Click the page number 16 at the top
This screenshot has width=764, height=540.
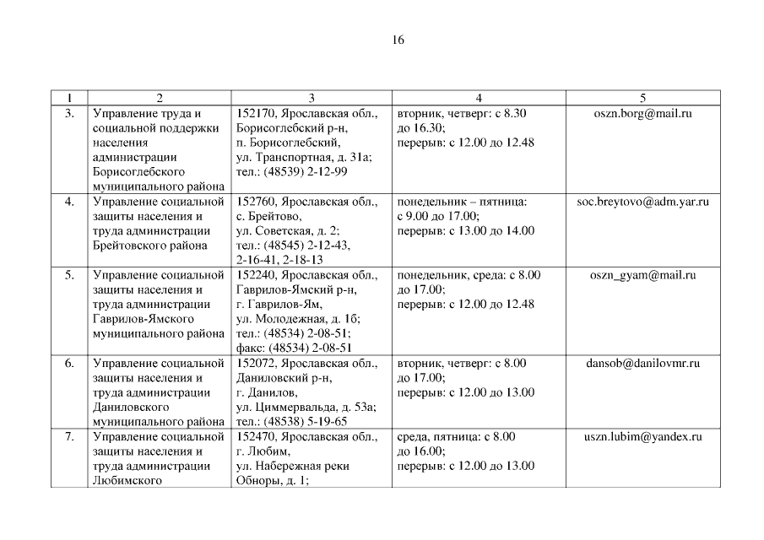click(x=398, y=40)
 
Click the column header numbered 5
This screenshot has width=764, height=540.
click(x=642, y=98)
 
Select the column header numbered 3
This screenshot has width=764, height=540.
click(x=311, y=98)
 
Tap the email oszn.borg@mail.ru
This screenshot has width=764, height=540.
click(x=642, y=113)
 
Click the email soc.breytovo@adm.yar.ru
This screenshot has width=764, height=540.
click(x=642, y=202)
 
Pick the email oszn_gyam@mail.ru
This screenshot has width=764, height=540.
click(x=642, y=275)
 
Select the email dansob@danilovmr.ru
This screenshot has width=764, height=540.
click(x=642, y=364)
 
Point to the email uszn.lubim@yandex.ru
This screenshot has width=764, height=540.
click(x=642, y=437)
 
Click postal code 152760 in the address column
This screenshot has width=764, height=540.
click(x=254, y=202)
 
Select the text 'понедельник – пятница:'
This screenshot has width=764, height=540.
click(x=462, y=202)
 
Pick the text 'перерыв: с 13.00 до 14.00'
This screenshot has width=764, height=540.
click(x=465, y=231)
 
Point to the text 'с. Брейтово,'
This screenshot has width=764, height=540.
click(x=266, y=217)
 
